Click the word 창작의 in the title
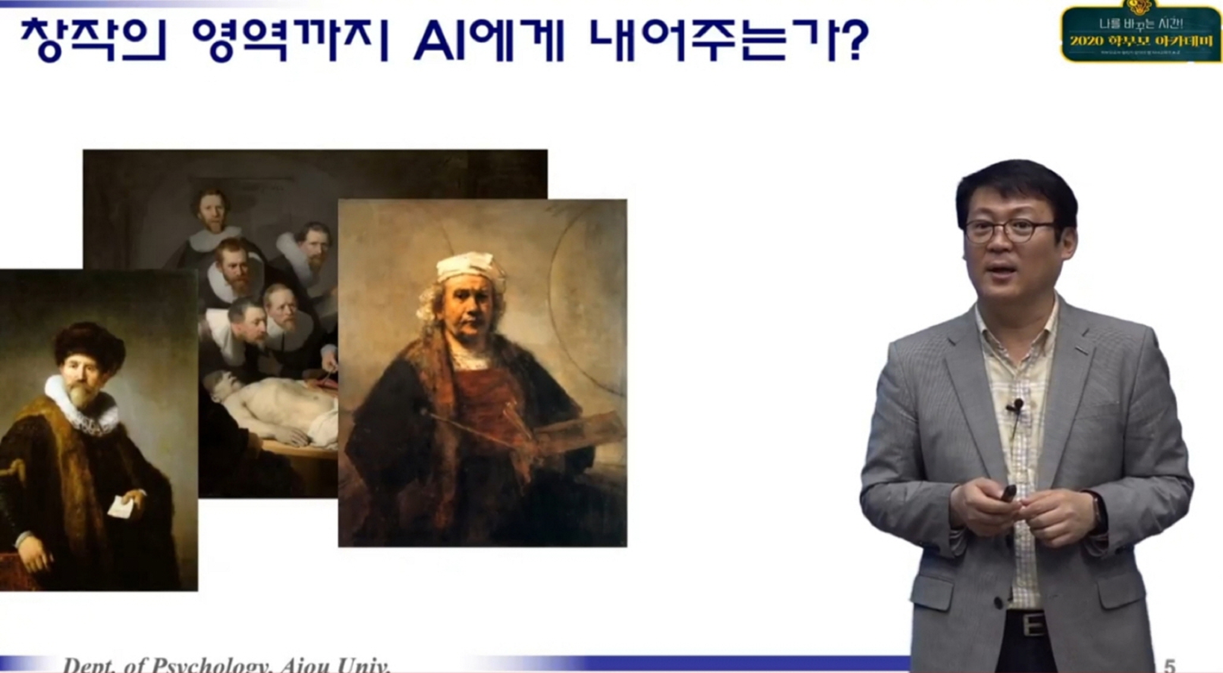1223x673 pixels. (93, 40)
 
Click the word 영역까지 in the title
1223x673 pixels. (290, 40)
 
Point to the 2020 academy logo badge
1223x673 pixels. (1140, 33)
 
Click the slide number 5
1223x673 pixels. (1169, 665)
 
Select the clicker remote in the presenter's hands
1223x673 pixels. (1008, 492)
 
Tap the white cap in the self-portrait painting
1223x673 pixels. (469, 267)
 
